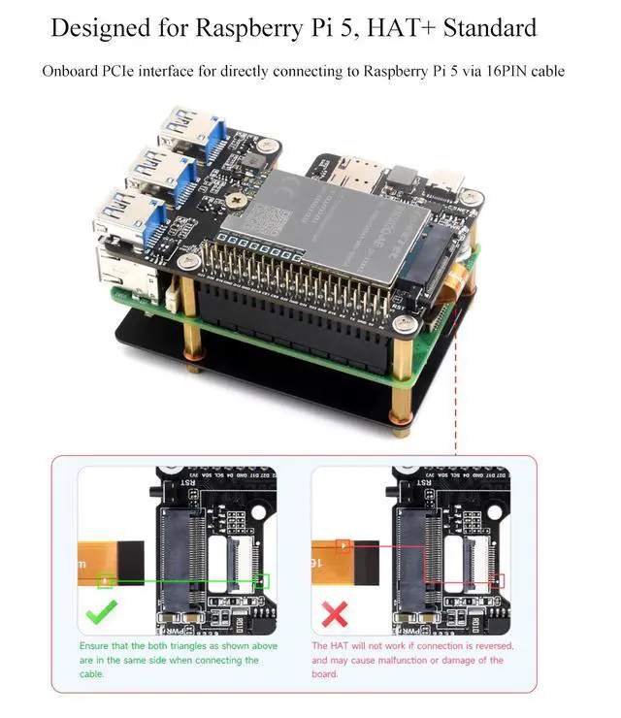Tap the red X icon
(335, 614)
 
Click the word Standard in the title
(484, 27)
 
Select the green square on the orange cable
(106, 581)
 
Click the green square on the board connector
(262, 581)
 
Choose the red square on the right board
(498, 581)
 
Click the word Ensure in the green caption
(94, 646)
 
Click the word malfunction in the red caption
(393, 660)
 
